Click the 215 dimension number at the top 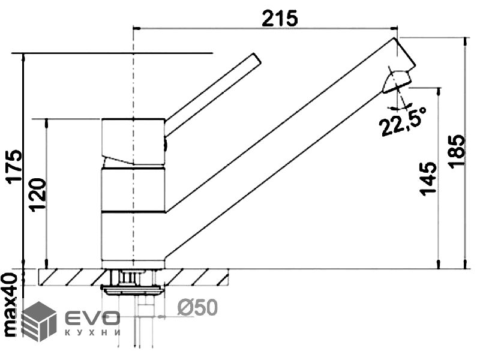280,19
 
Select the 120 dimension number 38,195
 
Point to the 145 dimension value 428,178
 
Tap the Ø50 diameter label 197,307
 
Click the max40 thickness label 11,305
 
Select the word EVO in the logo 92,319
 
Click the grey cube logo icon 39,321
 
